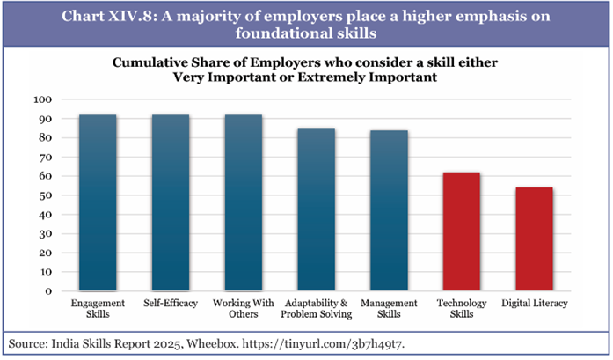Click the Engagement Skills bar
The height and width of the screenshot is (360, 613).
[x=99, y=202]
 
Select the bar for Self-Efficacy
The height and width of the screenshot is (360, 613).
[x=171, y=202]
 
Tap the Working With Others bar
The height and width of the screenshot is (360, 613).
[x=243, y=202]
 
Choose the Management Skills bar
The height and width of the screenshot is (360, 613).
[x=388, y=210]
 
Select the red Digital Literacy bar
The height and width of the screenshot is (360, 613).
[x=533, y=239]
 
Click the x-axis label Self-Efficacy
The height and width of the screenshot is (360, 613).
[x=171, y=304]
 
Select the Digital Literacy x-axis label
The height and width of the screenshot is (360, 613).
[x=533, y=304]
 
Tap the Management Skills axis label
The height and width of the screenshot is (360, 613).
[x=388, y=308]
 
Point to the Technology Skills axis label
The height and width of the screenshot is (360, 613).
[x=461, y=308]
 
